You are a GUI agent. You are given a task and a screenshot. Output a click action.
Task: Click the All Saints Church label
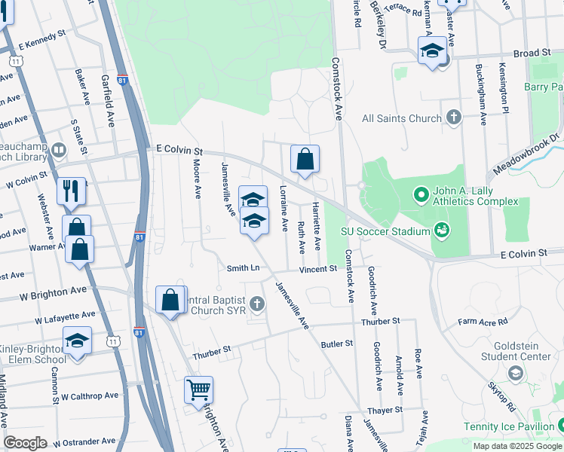coord(401,118)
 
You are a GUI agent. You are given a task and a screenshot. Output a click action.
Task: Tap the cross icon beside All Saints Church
coord(453,118)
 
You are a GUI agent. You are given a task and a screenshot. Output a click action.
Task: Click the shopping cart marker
coord(198,390)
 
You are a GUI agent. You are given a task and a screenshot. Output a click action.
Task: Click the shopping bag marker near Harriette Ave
coord(305,160)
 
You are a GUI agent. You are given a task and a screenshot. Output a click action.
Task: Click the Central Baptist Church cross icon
coord(257,304)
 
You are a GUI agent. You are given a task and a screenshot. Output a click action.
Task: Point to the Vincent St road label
coord(317,269)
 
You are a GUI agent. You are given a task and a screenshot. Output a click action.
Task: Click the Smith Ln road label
coord(243,268)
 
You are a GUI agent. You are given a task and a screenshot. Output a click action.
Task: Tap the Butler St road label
coord(337,344)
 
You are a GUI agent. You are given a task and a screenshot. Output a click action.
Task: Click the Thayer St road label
coord(385,410)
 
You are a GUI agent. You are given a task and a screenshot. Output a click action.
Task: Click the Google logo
coord(25,443)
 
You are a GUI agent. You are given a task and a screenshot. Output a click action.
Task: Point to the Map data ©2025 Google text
coord(516,446)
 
